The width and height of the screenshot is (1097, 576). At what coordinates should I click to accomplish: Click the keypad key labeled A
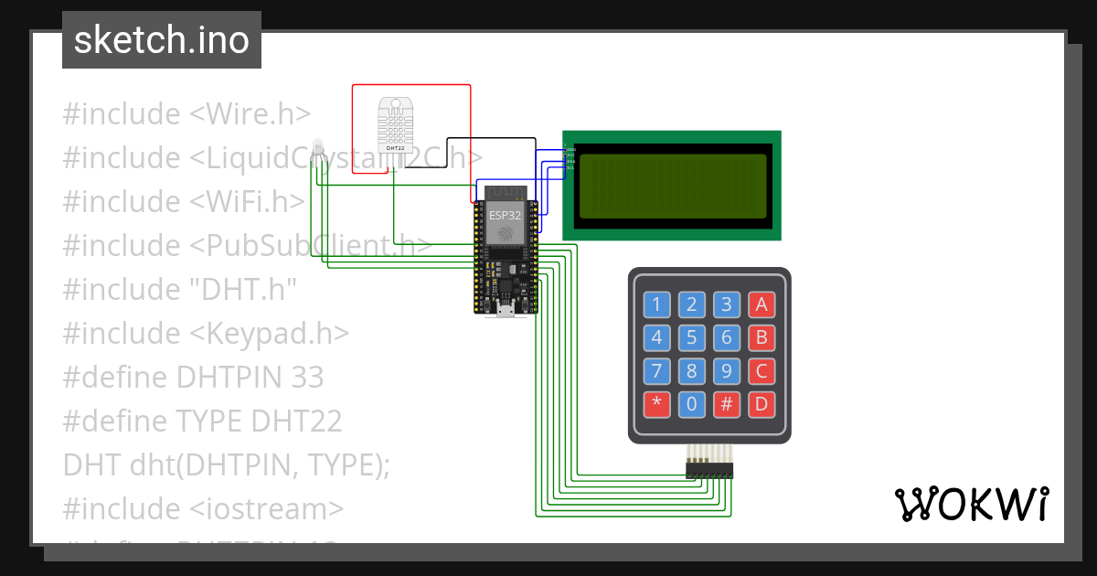761,304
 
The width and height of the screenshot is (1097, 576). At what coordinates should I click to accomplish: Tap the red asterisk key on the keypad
656,404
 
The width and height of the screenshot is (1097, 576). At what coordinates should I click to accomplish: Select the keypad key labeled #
726,404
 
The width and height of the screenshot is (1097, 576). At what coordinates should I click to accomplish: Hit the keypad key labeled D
761,404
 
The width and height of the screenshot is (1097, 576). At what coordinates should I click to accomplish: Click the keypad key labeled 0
691,404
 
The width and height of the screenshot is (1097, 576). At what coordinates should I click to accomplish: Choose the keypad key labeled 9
726,371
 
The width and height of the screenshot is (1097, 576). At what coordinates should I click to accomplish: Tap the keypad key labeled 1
656,304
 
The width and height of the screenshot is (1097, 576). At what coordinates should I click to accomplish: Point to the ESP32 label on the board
505,214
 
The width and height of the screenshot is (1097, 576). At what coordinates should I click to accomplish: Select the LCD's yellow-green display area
672,186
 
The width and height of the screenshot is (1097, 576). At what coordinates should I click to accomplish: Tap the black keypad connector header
709,469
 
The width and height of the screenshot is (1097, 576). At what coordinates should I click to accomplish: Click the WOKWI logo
971,504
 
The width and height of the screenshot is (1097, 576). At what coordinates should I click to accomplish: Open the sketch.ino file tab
162,40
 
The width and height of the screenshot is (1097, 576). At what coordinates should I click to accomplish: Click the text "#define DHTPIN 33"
193,377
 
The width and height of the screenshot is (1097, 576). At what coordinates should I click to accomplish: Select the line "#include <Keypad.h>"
206,333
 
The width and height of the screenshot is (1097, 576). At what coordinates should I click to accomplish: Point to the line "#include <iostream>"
203,508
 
